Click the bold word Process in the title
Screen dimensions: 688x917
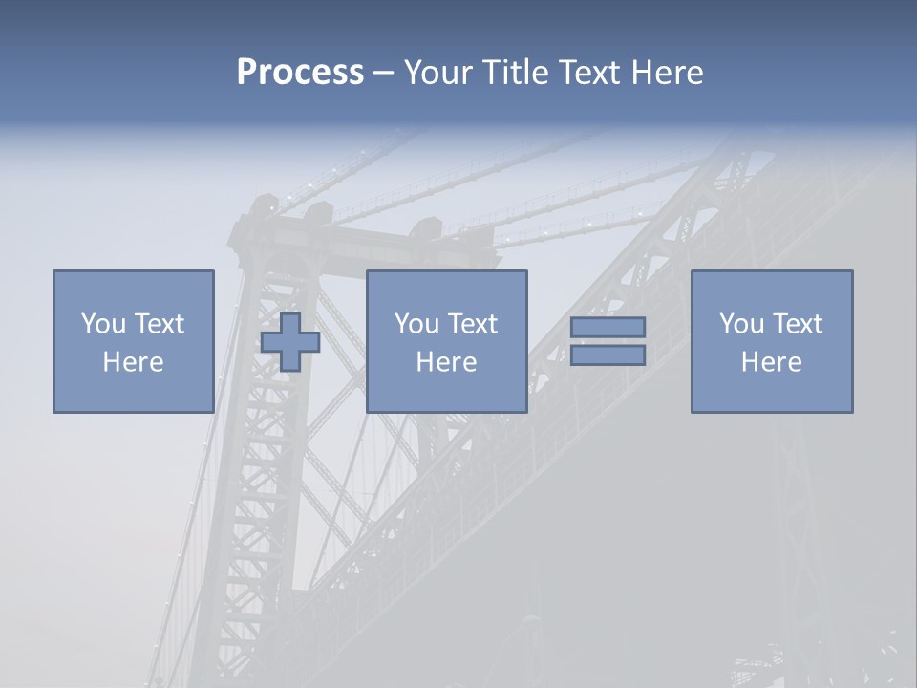point(300,72)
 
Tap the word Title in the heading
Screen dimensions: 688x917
point(512,72)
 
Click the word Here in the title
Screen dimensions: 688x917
point(668,72)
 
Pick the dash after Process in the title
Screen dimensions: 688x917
point(383,74)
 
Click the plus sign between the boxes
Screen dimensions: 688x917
point(290,341)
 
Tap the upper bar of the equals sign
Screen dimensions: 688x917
point(608,327)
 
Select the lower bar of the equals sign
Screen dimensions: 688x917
point(608,355)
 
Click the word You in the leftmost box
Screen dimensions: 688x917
point(102,323)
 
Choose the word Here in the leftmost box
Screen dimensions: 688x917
point(133,362)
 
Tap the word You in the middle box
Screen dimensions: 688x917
point(416,323)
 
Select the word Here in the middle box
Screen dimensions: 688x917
point(446,362)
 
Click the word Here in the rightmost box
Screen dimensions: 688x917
point(771,362)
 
